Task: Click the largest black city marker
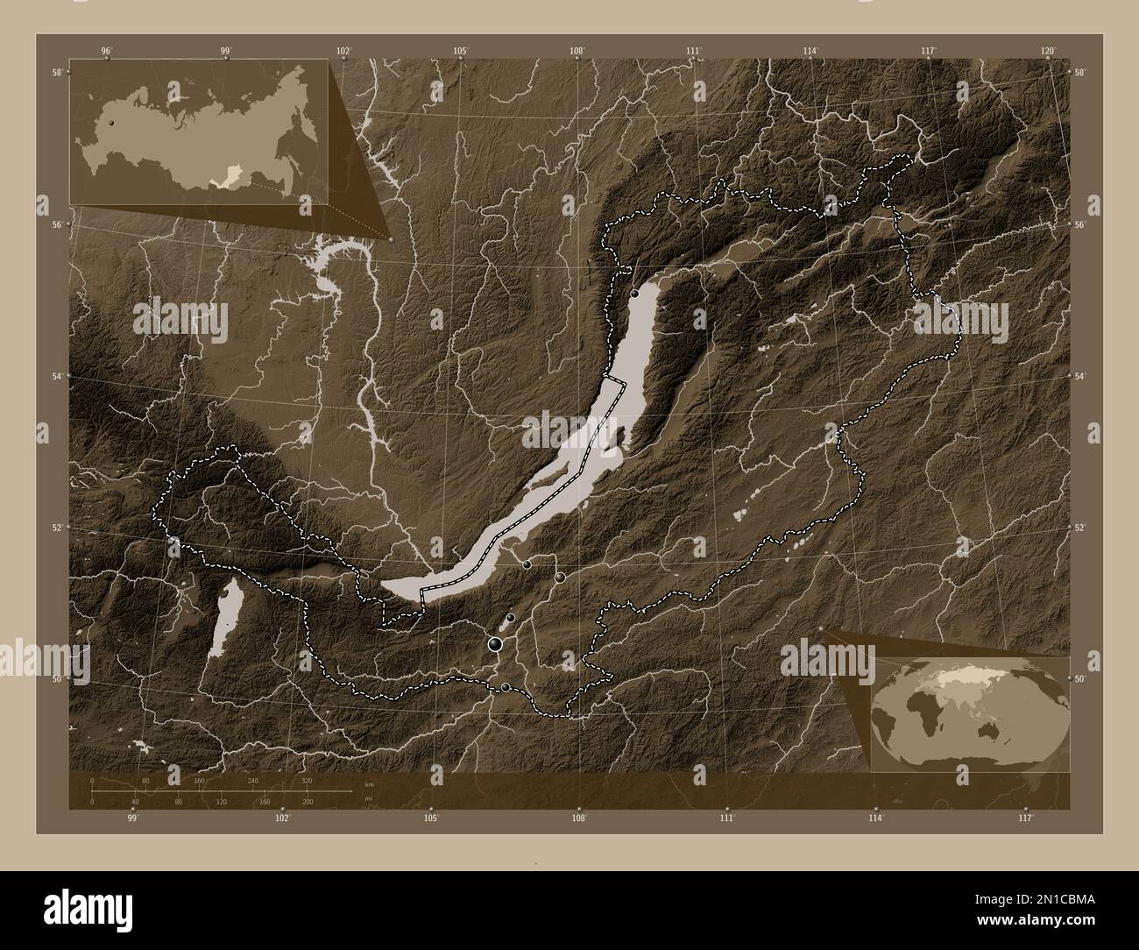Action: click(496, 645)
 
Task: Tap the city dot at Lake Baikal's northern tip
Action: click(634, 294)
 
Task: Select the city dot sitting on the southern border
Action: click(506, 687)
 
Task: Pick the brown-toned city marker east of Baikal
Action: click(560, 578)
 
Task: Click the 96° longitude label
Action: click(106, 52)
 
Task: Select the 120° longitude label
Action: click(1048, 52)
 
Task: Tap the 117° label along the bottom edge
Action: click(1026, 819)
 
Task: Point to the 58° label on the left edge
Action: click(56, 72)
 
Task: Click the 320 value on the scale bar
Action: click(307, 780)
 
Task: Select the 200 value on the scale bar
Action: click(307, 802)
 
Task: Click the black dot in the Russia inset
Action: click(111, 124)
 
